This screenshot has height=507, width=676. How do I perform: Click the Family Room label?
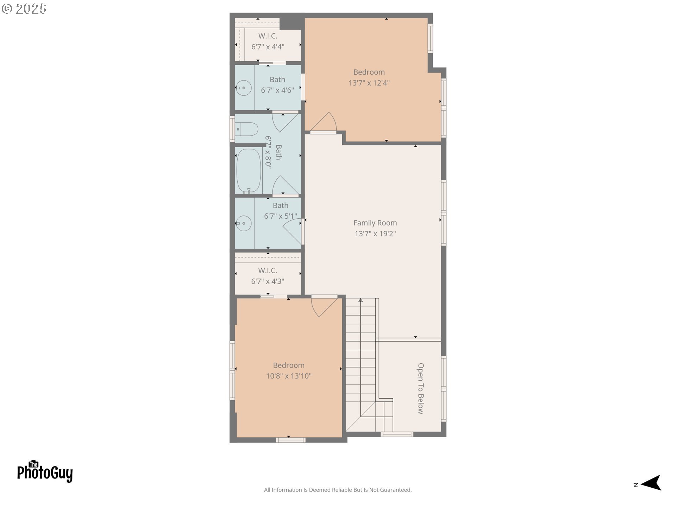coord(375,223)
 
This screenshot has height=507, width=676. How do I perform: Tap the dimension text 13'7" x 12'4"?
coord(369,83)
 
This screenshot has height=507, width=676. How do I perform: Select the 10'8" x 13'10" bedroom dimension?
coord(289,376)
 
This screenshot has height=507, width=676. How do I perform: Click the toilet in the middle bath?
coord(246,129)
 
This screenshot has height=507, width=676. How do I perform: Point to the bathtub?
coord(249,171)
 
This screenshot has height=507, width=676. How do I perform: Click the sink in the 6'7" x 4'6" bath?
coord(243,88)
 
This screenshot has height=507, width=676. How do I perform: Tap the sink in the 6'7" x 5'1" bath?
coord(243,223)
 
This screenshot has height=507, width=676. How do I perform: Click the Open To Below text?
coord(421,388)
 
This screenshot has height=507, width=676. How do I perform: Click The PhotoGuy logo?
coord(45,471)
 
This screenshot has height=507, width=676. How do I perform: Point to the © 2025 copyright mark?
coord(24,9)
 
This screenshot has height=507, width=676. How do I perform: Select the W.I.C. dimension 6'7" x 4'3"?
coord(268,281)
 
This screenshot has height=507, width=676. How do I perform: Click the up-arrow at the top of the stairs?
coord(361,300)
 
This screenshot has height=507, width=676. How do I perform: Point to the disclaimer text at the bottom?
coord(338,490)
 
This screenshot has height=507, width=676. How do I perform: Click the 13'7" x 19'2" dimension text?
coord(375,233)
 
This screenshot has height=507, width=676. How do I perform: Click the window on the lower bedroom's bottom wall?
coord(290,440)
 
